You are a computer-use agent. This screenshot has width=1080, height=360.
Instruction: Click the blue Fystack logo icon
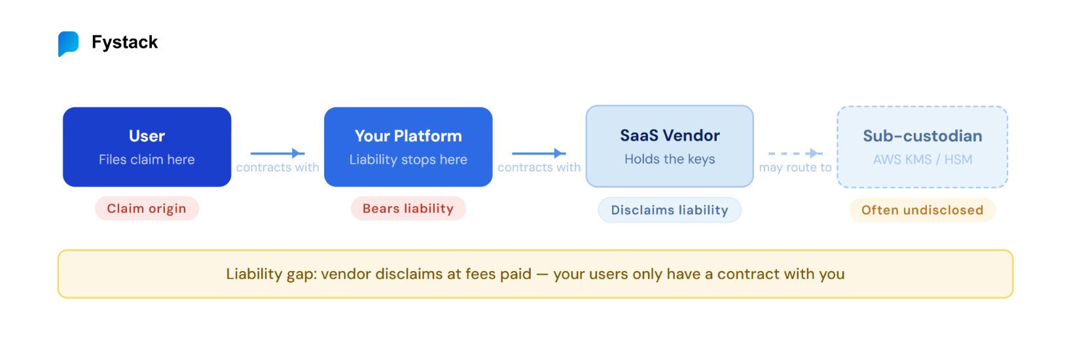[68, 43]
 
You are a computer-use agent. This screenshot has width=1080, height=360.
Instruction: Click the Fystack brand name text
[124, 43]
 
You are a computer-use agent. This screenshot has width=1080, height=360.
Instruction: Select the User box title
[147, 136]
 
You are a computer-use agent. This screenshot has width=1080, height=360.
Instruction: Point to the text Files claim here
[147, 160]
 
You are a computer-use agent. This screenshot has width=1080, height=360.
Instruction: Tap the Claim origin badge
[147, 209]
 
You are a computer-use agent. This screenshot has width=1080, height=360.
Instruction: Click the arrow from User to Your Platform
[277, 153]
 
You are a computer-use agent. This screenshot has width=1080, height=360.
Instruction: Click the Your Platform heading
[408, 136]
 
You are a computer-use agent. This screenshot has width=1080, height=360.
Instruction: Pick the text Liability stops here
[408, 160]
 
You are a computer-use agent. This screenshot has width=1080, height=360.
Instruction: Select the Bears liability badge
[408, 209]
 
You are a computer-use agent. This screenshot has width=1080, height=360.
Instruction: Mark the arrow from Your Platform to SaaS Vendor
[538, 153]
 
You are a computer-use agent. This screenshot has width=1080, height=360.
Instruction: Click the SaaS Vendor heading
[670, 135]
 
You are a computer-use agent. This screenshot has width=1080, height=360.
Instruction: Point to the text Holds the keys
[670, 159]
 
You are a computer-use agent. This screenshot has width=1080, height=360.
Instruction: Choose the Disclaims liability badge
[670, 210]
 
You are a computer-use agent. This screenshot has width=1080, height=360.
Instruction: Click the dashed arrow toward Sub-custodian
[795, 153]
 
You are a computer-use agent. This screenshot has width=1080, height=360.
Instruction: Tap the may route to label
[795, 168]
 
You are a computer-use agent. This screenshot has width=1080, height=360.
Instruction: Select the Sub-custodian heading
[922, 136]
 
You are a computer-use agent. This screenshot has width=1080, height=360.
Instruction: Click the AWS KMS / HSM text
[922, 160]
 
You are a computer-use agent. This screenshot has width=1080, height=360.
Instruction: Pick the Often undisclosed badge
[922, 210]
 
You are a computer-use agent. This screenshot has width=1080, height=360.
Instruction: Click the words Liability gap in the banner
[268, 274]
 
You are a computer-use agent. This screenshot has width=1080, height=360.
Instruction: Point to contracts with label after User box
[278, 168]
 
